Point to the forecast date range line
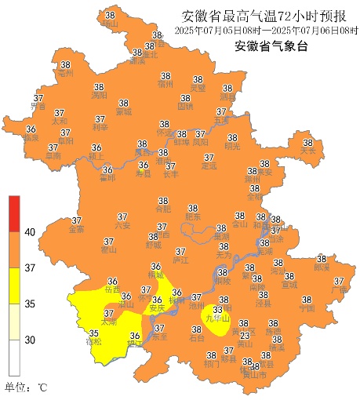coord(264,31)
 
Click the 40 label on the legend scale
coord(31,232)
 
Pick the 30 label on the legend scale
coord(31,340)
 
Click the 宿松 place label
coord(93,342)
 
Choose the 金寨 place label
coord(77,230)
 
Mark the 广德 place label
coord(339,290)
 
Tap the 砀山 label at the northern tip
coord(109,24)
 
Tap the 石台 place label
coord(197,339)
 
